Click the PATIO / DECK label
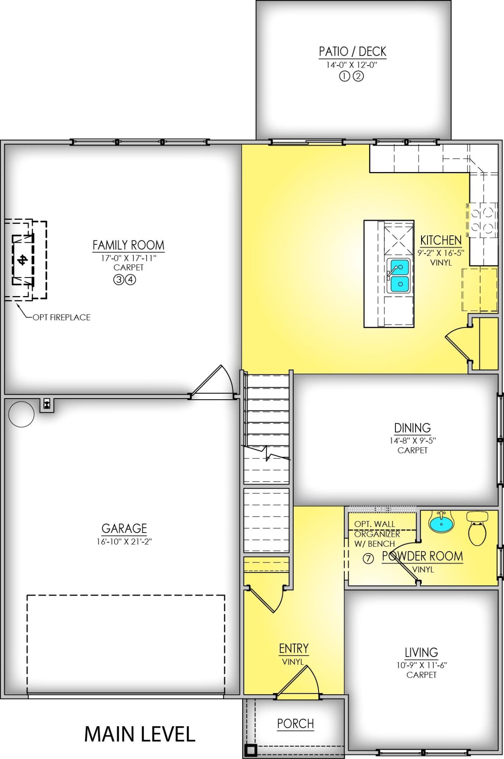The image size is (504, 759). pos(352,52)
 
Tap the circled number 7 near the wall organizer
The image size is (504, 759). pos(368,559)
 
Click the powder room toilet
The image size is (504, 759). pos(478,528)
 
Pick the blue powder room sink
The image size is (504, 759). pos(442,523)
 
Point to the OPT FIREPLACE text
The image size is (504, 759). pos(62,317)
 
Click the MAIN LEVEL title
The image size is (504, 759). pos(140,734)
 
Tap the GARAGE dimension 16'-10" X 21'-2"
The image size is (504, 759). pos(124,542)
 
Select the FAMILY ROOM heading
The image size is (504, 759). pos(129,245)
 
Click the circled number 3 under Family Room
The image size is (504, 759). pos(118,280)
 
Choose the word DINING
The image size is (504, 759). pos(412,428)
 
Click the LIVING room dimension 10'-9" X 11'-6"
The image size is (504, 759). pos(421,665)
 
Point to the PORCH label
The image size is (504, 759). pos(296,724)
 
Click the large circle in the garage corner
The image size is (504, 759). pos(21,414)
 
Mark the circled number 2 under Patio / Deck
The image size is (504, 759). pos(358,76)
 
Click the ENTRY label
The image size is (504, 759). pos(294,649)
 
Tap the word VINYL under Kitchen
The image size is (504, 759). pos(441,262)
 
